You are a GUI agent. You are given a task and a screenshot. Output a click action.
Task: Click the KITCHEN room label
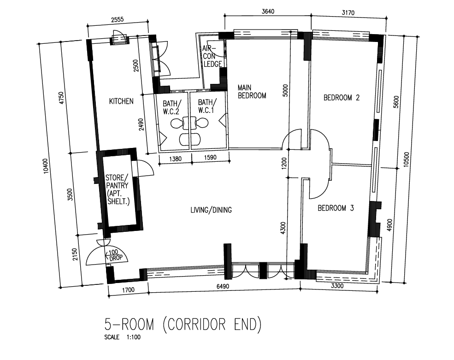click(x=121, y=101)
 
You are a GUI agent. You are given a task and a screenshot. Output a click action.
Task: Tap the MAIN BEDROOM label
click(x=252, y=92)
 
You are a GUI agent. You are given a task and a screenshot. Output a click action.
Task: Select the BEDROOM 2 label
click(x=342, y=98)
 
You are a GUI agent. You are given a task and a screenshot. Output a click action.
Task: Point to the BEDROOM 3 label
click(x=336, y=208)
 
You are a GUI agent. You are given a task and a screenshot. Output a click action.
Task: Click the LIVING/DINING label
click(x=211, y=210)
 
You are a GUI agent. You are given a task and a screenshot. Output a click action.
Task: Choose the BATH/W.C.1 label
click(x=207, y=106)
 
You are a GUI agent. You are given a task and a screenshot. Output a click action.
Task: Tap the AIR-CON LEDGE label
click(x=212, y=56)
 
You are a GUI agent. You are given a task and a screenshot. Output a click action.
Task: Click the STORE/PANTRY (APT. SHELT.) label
click(x=117, y=189)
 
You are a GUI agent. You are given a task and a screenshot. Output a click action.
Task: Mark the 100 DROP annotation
click(x=115, y=255)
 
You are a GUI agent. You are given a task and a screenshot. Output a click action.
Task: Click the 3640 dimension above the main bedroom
click(x=268, y=12)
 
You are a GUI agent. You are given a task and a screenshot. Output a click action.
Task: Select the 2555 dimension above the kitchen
click(x=117, y=19)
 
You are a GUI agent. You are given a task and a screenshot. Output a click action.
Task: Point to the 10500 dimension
click(x=406, y=159)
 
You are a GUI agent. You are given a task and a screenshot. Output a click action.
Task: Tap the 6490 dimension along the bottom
click(x=223, y=286)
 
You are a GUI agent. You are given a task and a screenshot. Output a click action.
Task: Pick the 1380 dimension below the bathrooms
click(x=175, y=159)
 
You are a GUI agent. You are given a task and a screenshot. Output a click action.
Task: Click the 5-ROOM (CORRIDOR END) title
click(x=183, y=325)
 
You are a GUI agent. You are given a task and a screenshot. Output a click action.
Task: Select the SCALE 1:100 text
click(x=122, y=337)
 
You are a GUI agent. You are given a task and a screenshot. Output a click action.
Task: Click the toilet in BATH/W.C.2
click(x=177, y=124)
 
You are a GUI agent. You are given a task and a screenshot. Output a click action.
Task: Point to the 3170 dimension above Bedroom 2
click(x=348, y=13)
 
